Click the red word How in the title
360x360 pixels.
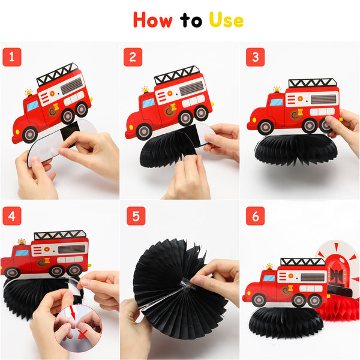pos(152,20)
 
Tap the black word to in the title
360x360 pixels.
pos(191,20)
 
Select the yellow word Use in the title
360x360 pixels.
pos(226,20)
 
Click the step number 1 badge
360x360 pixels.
pos(12,57)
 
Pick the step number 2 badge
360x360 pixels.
pos(133,57)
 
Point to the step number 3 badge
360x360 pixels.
pos(256,57)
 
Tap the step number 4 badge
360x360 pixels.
pos(12,216)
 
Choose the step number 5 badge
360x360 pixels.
pos(136,216)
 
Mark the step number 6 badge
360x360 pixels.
pos(256,216)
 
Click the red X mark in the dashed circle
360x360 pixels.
pos(83,335)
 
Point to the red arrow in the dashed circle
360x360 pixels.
pos(73,313)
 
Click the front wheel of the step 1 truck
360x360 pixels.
pos(30,135)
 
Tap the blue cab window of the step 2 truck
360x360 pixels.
pos(149,103)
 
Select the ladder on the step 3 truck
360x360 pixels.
pos(313,83)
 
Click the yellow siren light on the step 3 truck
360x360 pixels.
pos(277,89)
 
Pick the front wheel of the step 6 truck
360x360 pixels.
pos(259,300)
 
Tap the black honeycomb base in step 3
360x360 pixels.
pos(296,149)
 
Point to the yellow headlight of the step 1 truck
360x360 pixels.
pos(17,132)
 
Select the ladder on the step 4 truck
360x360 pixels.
pos(60,235)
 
